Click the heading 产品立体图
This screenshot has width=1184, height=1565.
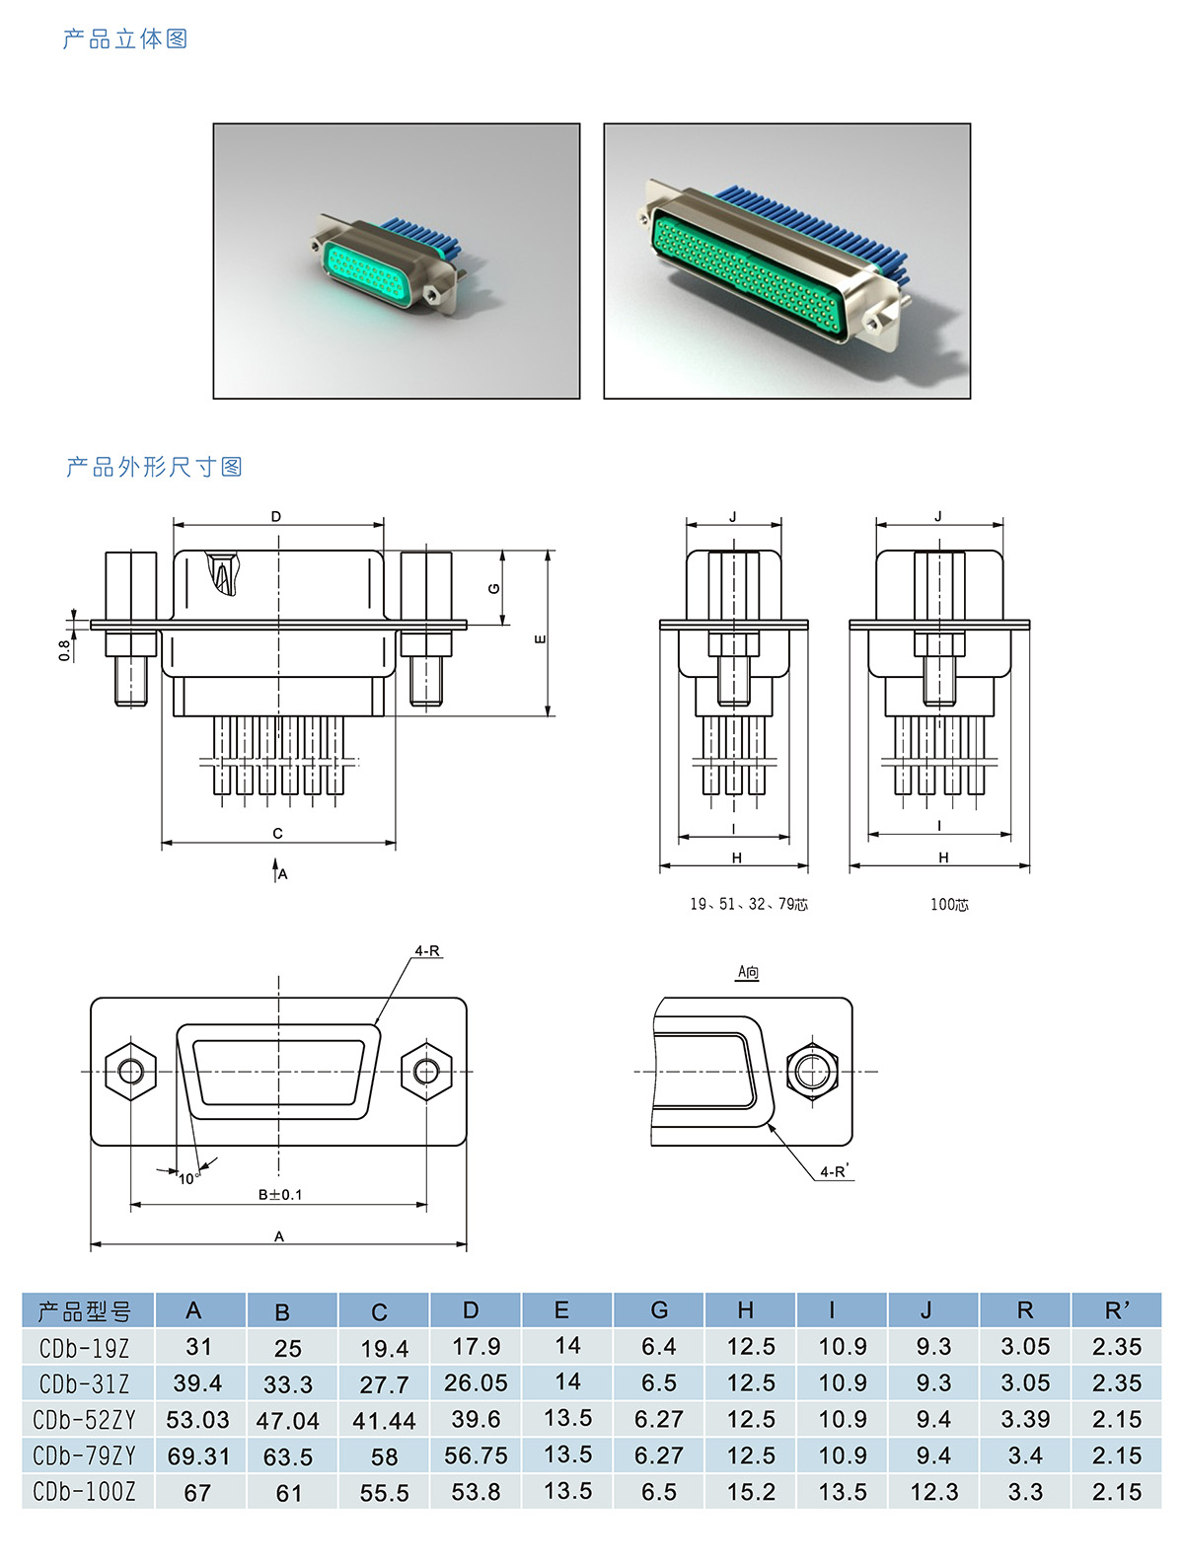click(125, 39)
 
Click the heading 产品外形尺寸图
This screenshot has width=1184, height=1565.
click(154, 467)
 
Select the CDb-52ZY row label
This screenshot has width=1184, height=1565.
click(85, 1420)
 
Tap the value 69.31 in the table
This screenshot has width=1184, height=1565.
click(197, 1455)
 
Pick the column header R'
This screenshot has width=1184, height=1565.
click(1117, 1310)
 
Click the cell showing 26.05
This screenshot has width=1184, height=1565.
click(476, 1382)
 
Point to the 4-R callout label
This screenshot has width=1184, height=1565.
click(427, 951)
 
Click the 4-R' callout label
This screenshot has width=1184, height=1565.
click(835, 1171)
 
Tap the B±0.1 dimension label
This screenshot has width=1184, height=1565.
click(280, 1194)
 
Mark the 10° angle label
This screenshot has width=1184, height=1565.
click(187, 1178)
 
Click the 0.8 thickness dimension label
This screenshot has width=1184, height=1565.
click(64, 650)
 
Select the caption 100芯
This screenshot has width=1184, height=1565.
click(949, 904)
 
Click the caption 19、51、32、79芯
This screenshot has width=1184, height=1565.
click(749, 904)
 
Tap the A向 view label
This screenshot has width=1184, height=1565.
click(749, 972)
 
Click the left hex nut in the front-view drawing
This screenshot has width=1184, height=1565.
click(130, 1071)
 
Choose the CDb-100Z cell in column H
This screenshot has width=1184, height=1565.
click(751, 1492)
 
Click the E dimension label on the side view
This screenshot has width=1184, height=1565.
click(540, 639)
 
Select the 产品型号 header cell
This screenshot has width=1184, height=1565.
click(85, 1311)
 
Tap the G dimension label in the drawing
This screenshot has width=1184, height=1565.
click(494, 589)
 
